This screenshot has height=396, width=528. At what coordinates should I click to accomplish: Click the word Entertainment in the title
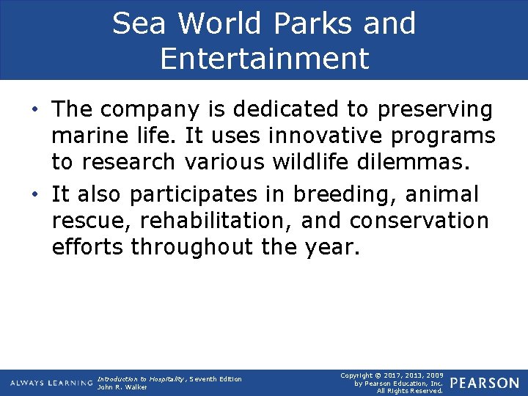click(x=264, y=58)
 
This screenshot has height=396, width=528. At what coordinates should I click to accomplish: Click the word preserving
click(x=435, y=109)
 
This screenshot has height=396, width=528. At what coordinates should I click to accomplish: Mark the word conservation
click(x=419, y=221)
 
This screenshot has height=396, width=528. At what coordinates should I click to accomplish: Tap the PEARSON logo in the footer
click(x=484, y=383)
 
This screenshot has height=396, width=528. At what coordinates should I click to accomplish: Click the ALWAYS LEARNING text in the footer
click(x=51, y=384)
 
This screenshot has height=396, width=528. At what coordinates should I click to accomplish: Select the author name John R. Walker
click(x=122, y=387)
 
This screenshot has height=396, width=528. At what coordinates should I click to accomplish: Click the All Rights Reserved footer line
click(x=409, y=391)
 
